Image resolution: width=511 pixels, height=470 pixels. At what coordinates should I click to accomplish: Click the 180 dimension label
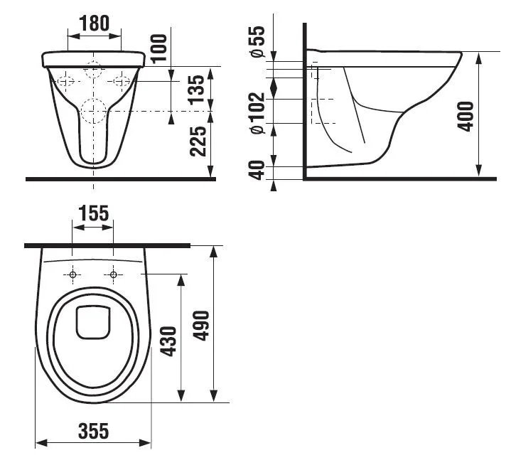tap(95, 23)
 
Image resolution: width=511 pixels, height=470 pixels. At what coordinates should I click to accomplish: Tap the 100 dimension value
tap(159, 48)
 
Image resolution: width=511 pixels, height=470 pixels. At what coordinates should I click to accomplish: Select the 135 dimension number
tap(198, 90)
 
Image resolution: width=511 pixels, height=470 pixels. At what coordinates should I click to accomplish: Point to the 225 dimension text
tap(198, 141)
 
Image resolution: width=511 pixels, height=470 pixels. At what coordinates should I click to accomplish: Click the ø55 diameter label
tap(257, 42)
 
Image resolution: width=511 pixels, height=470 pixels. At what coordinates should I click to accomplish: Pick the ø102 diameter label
tap(257, 113)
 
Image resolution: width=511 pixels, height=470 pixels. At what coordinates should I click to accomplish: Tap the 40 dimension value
tap(257, 170)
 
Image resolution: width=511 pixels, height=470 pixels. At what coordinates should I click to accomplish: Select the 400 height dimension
tap(466, 117)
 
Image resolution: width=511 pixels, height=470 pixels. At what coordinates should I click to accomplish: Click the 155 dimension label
tap(94, 213)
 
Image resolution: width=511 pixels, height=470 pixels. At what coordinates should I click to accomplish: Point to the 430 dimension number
tap(169, 341)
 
